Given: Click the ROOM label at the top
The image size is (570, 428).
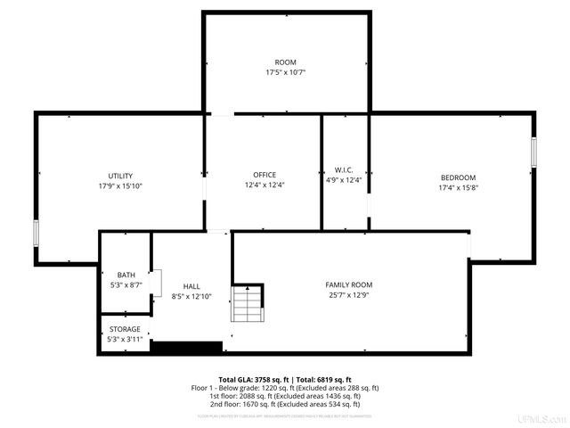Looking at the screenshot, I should click(x=285, y=62).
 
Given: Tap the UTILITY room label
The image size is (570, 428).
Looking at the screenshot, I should click(x=121, y=176).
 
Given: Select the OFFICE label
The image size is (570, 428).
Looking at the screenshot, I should click(x=264, y=175).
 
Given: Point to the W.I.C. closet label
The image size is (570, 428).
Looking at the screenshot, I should click(x=344, y=170).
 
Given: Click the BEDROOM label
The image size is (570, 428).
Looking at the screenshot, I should click(x=458, y=177).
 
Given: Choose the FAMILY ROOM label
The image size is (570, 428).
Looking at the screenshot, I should click(x=348, y=284).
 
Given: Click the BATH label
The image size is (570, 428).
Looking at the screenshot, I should click(x=125, y=276).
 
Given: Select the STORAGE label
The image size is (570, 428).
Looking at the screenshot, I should click(x=124, y=329).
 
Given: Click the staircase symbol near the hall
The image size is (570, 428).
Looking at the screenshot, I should click(x=248, y=303).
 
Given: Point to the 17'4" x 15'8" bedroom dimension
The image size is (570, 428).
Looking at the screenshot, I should click(x=458, y=188).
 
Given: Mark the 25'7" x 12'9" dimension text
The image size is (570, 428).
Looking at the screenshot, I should click(x=348, y=295).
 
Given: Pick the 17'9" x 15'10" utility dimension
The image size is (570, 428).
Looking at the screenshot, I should click(x=121, y=186).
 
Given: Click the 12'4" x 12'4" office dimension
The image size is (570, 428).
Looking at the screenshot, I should click(x=264, y=185).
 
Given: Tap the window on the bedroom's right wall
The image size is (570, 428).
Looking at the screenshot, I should click(x=534, y=152).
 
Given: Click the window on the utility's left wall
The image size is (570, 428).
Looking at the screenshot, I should click(x=36, y=233).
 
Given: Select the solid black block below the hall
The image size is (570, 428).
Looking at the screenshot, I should click(x=186, y=347).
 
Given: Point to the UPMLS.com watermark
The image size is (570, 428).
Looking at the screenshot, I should click(x=545, y=419).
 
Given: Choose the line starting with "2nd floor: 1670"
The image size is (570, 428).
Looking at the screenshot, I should click(x=285, y=404).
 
